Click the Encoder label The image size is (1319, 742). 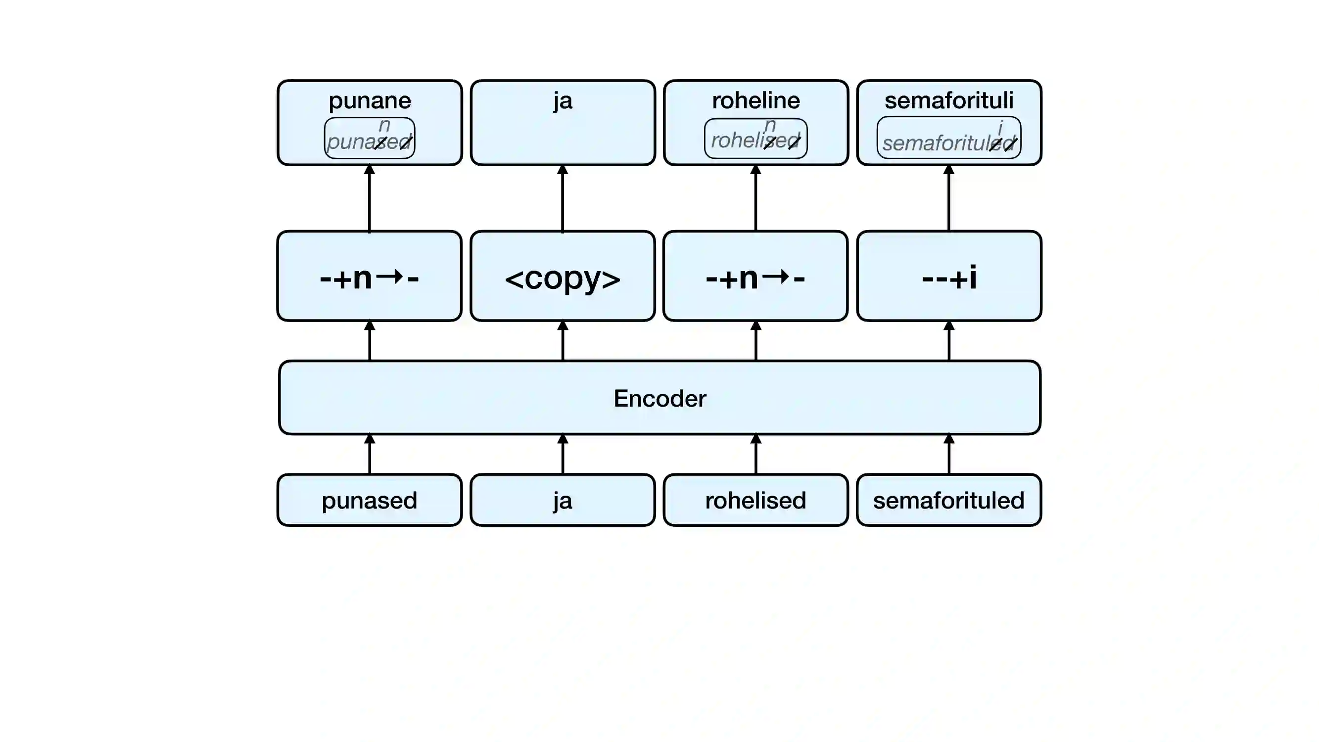click(659, 398)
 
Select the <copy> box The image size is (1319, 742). click(562, 277)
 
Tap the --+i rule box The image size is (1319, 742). click(949, 277)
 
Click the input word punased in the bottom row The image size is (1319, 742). click(369, 500)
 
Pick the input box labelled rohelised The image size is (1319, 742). click(755, 500)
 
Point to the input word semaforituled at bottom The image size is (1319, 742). click(949, 500)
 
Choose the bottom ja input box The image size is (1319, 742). click(562, 500)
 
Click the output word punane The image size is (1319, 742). click(369, 100)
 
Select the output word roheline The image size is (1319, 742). click(755, 100)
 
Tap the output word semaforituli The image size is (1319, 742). click(949, 100)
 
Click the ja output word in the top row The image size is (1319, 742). click(562, 100)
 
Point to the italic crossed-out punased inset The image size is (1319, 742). click(369, 139)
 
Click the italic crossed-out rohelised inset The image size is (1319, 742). click(755, 139)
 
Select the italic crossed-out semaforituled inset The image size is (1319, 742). click(949, 139)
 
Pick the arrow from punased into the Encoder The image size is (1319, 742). click(369, 455)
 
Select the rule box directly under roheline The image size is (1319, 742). click(755, 277)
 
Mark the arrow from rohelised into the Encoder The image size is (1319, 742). click(755, 455)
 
